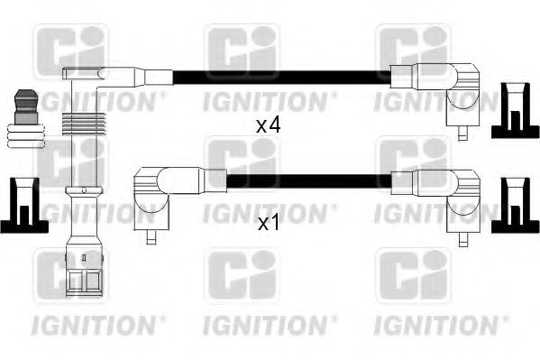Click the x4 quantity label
click(269, 126)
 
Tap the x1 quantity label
click(269, 222)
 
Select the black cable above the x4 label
click(279, 77)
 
